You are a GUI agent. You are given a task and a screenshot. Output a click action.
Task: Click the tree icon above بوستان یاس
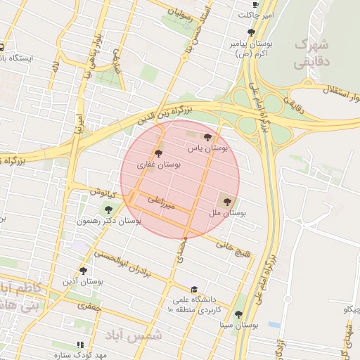pyautogui.click(x=207, y=138)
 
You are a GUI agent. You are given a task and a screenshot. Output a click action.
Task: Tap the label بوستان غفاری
pyautogui.click(x=159, y=165)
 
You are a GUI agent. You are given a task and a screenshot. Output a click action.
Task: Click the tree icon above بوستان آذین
pyautogui.click(x=84, y=270)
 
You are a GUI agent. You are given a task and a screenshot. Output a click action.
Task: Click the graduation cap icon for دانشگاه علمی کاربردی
pyautogui.click(x=193, y=289)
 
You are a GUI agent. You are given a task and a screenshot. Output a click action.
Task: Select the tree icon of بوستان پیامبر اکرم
pyautogui.click(x=251, y=32)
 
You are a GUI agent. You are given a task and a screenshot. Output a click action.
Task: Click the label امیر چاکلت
pyautogui.click(x=256, y=15)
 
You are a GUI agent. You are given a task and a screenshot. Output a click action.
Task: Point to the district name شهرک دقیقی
pyautogui.click(x=311, y=53)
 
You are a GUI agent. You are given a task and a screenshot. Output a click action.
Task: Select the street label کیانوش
pyautogui.click(x=99, y=191)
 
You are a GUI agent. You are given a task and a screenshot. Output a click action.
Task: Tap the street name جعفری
pyautogui.click(x=90, y=306)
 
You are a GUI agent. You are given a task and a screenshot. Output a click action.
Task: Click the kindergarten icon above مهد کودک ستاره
pyautogui.click(x=80, y=345)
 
